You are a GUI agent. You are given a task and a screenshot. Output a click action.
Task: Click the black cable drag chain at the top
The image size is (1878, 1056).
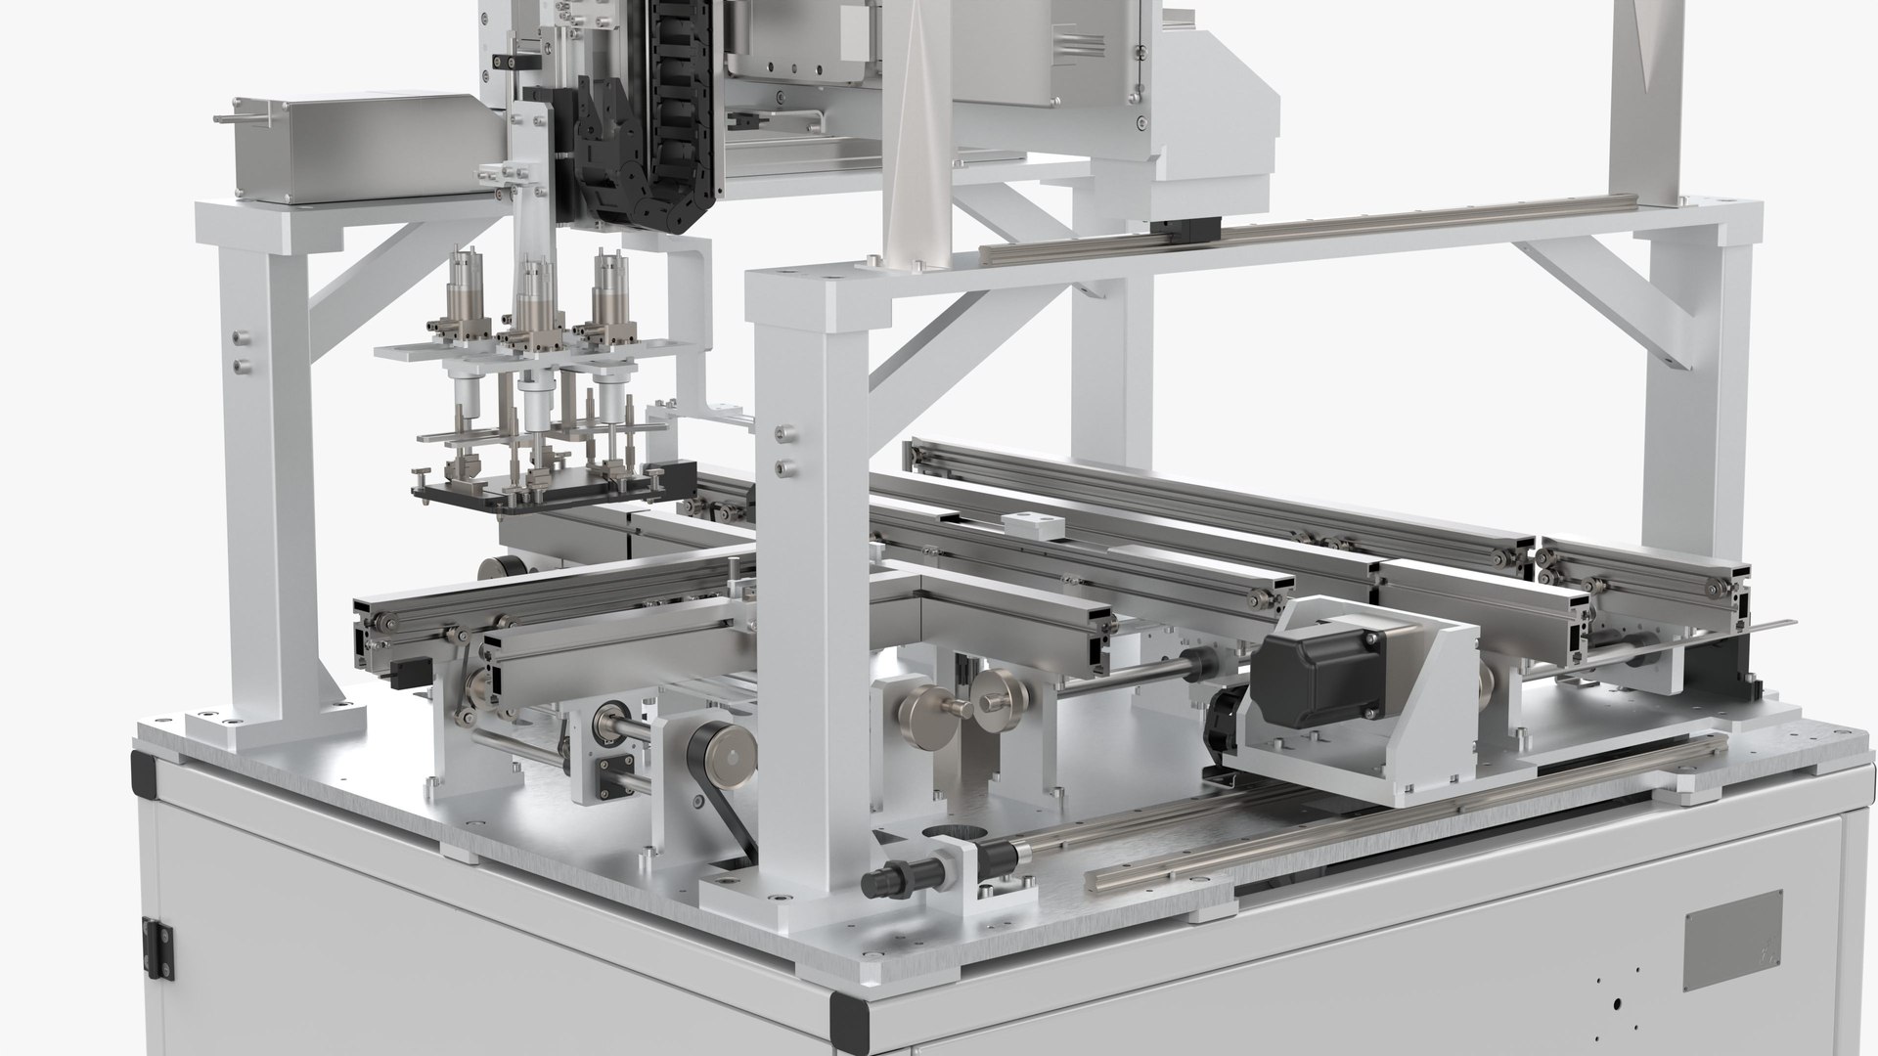click(x=675, y=117)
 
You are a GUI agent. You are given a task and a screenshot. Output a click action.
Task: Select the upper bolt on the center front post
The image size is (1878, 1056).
click(x=782, y=431)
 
